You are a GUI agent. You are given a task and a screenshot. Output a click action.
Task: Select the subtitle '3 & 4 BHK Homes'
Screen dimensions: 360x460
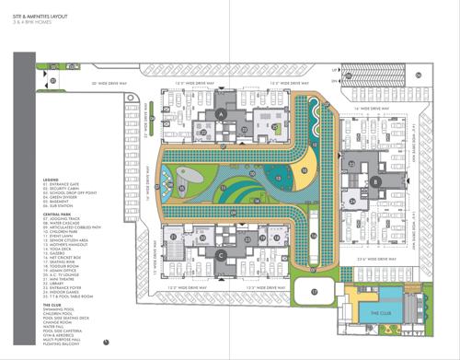pyautogui.click(x=33, y=20)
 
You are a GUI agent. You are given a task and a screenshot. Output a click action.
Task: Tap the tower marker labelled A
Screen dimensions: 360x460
pyautogui.click(x=221, y=114)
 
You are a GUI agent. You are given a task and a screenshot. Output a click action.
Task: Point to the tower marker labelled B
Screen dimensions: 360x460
pyautogui.click(x=376, y=182)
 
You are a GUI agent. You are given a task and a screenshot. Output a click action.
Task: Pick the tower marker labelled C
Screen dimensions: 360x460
pyautogui.click(x=221, y=255)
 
